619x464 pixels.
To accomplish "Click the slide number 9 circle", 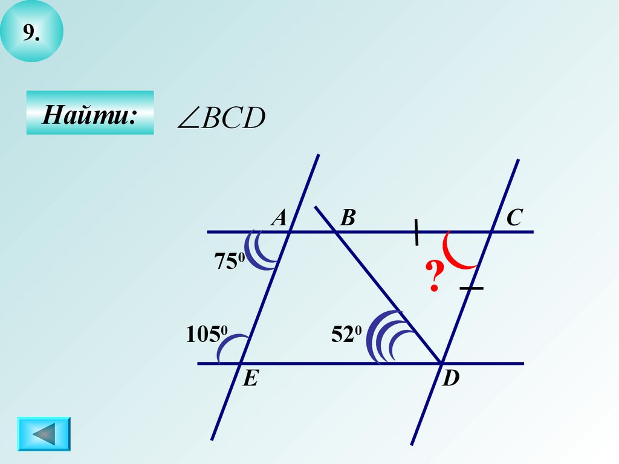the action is click(x=31, y=32).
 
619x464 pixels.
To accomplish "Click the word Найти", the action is click(x=89, y=114).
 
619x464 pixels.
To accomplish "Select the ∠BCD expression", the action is click(x=221, y=119).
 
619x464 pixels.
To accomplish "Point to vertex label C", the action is click(x=514, y=218).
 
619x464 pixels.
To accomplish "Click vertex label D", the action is click(x=451, y=379).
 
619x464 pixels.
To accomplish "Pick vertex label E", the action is click(x=250, y=379).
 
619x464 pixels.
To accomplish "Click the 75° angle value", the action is click(x=228, y=262).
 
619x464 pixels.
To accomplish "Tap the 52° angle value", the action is click(x=346, y=333).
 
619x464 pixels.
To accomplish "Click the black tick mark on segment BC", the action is click(x=416, y=233).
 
